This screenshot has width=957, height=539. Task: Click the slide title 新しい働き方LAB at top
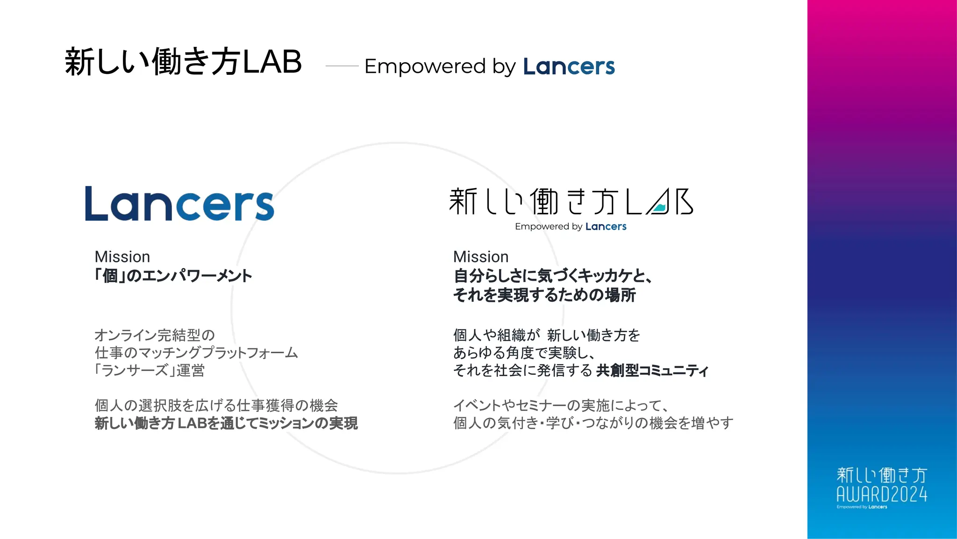183,62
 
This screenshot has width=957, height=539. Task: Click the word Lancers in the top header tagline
569,66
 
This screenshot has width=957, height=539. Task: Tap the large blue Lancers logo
179,204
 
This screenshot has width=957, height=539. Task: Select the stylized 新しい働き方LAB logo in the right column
571,202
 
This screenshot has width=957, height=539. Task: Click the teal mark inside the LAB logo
659,208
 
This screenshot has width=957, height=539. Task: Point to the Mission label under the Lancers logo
122,257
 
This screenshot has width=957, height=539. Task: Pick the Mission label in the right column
481,257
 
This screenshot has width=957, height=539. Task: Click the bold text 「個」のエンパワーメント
173,276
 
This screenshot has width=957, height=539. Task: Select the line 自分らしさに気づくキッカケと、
553,276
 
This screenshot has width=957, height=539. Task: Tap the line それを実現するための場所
544,295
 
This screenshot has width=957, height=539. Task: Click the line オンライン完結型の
155,335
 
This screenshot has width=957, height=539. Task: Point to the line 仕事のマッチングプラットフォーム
196,353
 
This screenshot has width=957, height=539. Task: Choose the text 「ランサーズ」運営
150,371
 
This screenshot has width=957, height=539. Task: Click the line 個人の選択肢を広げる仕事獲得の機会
216,405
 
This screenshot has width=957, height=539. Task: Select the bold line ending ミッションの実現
226,423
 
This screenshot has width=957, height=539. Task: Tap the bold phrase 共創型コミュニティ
652,371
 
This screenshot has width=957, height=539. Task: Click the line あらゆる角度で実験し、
524,353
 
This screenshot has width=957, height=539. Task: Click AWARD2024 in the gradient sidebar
882,494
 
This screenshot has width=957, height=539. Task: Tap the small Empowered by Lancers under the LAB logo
571,226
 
